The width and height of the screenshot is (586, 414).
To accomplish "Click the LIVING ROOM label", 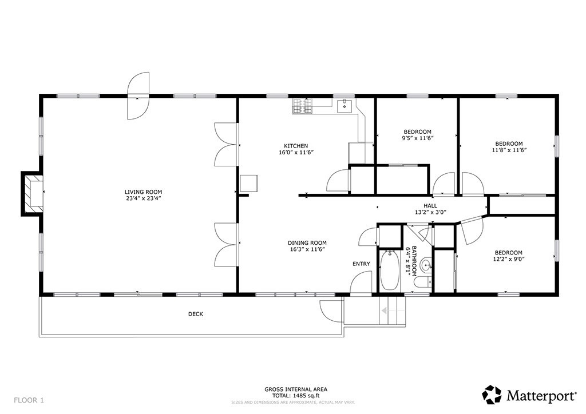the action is (143, 192).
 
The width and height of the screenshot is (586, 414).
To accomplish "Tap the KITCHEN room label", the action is (296, 146).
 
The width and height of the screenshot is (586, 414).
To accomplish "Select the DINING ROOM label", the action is (307, 242).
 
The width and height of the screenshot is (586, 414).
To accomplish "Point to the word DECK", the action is (196, 314).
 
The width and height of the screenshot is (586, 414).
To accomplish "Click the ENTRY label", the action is (361, 264).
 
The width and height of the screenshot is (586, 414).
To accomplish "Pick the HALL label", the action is (430, 206).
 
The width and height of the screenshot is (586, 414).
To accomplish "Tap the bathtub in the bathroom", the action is (389, 270).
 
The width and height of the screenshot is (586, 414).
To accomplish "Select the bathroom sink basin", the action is (426, 266).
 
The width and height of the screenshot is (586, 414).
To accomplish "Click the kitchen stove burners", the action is (302, 106).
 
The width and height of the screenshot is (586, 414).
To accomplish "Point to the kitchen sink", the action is (344, 106).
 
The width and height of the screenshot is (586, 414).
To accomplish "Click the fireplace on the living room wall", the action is (32, 193).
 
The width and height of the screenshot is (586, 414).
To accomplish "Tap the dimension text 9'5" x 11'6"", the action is (417, 138).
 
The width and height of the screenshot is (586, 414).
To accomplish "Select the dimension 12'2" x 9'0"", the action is (509, 258).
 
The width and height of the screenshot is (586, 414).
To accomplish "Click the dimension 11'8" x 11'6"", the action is (509, 150).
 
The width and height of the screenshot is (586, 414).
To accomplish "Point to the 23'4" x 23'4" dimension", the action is (143, 198).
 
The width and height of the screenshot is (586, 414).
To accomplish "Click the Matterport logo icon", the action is (492, 395).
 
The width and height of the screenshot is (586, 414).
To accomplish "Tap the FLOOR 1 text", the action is (29, 400).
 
